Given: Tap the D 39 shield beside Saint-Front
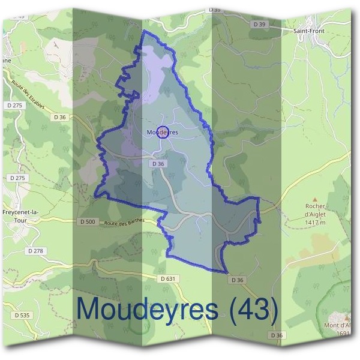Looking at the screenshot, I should [x=259, y=24].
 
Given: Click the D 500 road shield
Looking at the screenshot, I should [x=88, y=221].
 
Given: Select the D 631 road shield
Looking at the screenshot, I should [x=169, y=278].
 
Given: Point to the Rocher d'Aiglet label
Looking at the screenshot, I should [x=314, y=210].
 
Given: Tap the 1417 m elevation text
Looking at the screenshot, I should [x=314, y=223].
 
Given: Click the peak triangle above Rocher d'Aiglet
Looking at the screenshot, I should [x=314, y=197].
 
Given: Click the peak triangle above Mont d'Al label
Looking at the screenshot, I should [x=346, y=314].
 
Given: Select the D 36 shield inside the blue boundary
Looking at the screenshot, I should [x=158, y=163].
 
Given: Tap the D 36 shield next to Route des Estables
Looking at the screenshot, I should [x=59, y=117].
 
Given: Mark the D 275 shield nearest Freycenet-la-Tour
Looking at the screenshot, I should [x=18, y=178].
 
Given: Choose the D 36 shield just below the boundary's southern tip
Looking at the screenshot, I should [x=237, y=280].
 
